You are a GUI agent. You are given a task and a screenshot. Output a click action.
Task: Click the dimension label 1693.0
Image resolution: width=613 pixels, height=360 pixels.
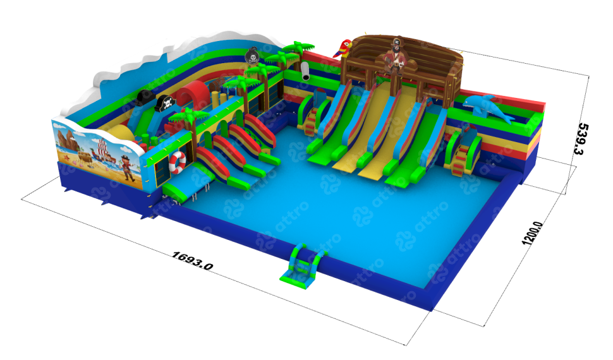192,261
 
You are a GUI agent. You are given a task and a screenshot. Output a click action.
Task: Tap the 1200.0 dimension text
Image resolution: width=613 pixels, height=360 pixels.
533,233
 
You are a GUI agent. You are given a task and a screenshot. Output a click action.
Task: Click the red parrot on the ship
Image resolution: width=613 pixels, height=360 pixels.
343,49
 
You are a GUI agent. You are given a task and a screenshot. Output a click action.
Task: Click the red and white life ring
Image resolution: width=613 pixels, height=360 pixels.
178,162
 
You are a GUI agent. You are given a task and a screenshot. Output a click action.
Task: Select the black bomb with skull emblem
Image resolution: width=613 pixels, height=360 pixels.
253,56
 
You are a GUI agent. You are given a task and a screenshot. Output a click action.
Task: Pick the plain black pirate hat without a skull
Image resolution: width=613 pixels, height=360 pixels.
144,97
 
